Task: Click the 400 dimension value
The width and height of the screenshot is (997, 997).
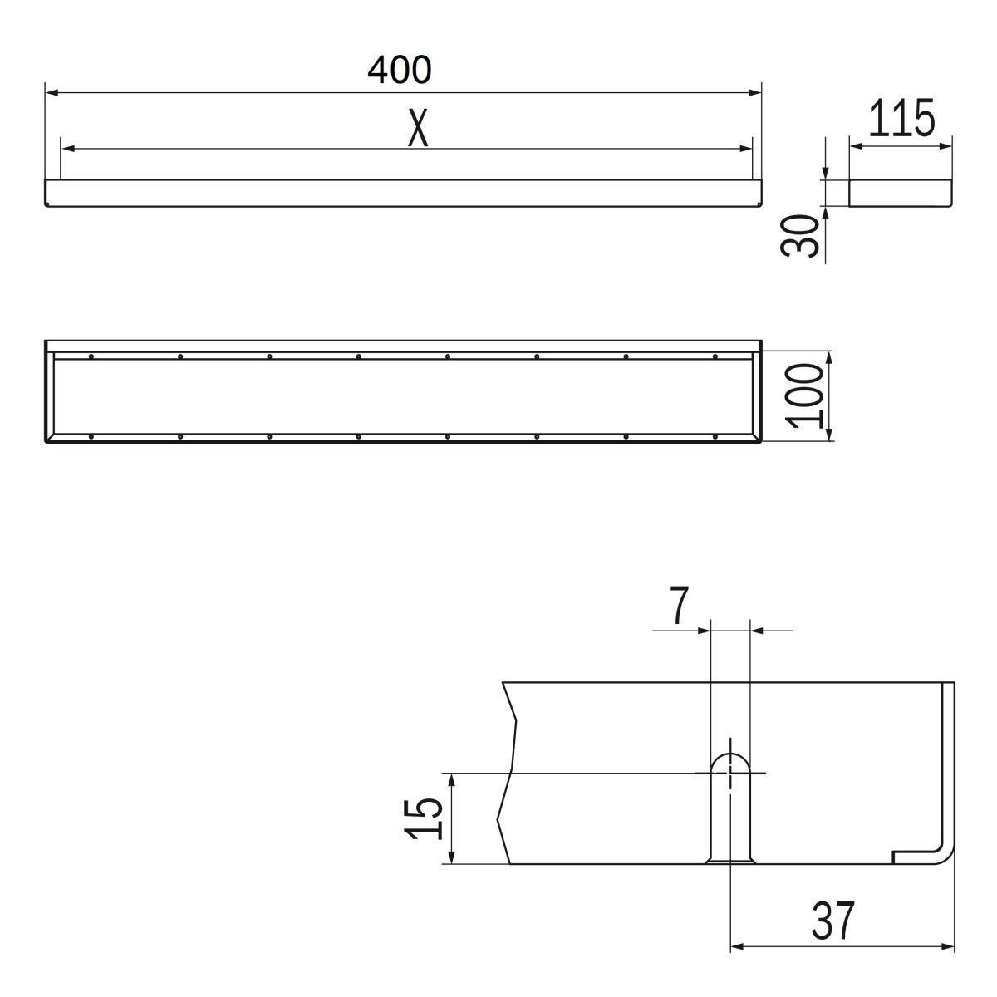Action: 399,70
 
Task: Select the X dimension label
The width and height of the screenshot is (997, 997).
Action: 418,127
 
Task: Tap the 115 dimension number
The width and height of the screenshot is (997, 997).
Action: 901,118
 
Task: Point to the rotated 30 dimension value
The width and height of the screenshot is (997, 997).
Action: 799,235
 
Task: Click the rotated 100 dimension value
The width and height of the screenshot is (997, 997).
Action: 803,396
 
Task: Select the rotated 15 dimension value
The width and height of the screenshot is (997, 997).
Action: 423,819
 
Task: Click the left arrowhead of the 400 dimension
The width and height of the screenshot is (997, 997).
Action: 52,92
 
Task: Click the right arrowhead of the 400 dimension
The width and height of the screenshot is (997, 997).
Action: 755,92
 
